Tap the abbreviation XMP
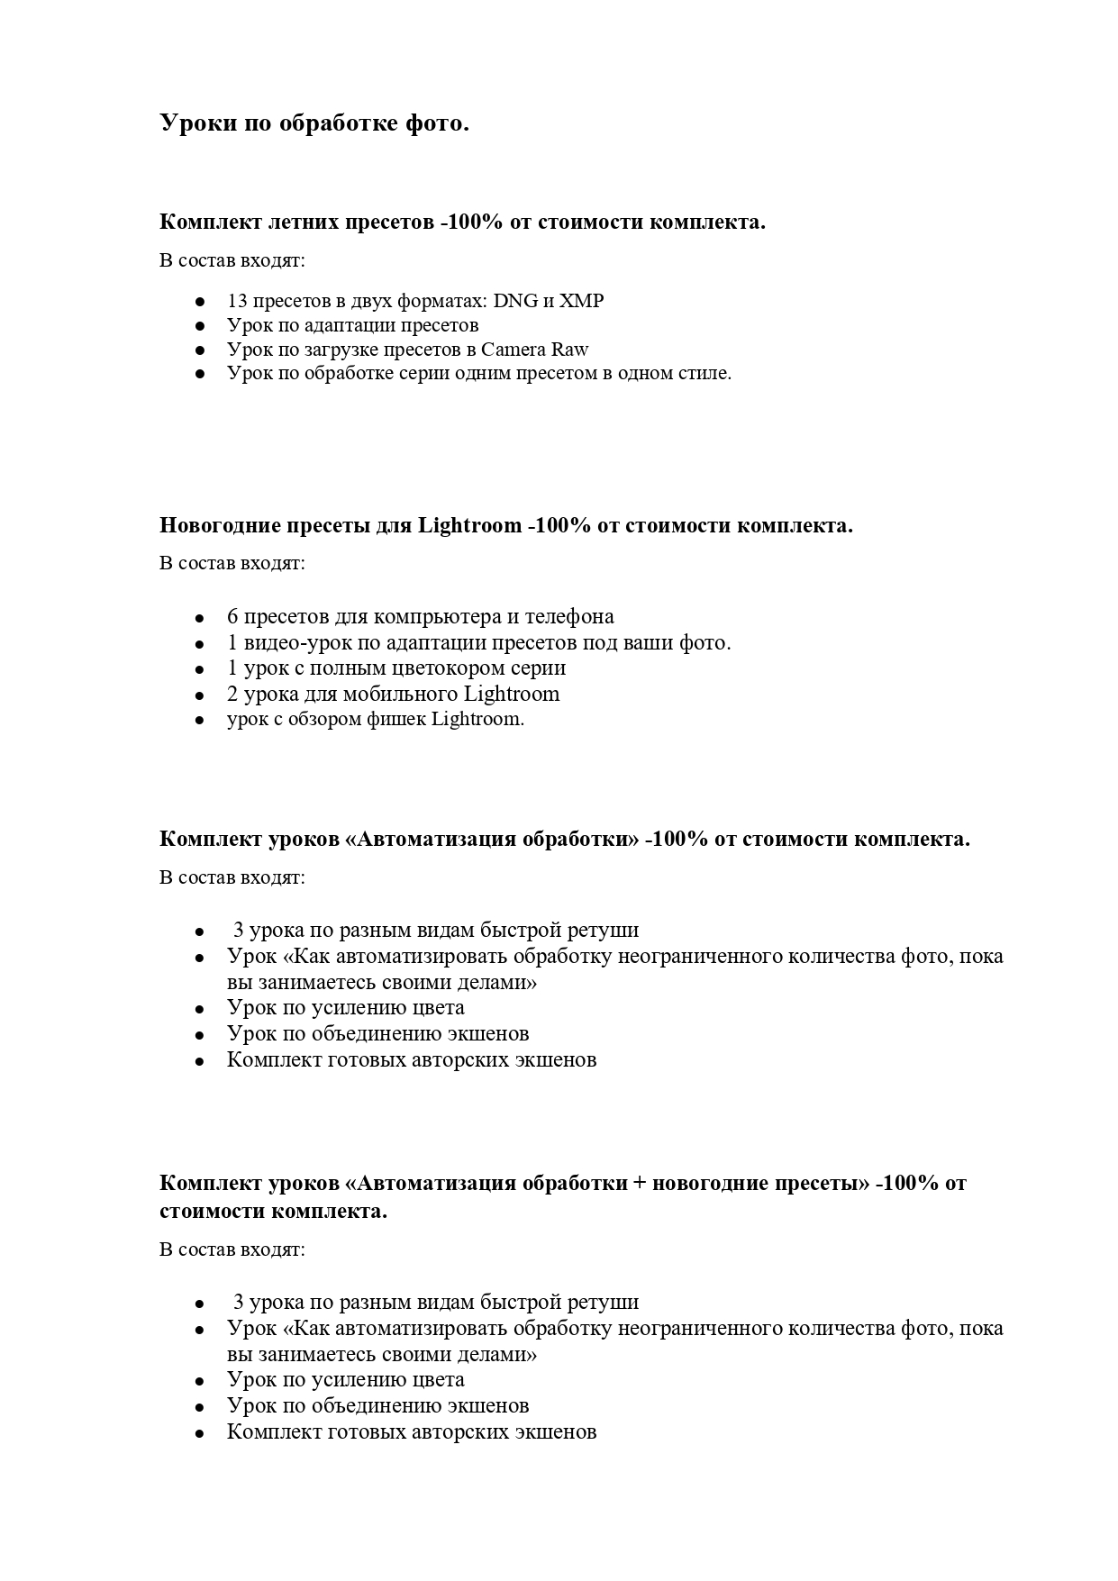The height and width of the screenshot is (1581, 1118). (582, 301)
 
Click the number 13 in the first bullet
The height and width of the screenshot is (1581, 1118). (237, 301)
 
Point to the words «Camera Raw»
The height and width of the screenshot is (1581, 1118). (534, 350)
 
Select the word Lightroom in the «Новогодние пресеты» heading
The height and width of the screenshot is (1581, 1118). (469, 526)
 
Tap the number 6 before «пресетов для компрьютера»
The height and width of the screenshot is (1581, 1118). (232, 617)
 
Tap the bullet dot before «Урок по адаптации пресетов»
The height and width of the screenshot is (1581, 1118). (200, 326)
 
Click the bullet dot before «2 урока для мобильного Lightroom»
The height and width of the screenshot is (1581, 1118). (200, 695)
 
